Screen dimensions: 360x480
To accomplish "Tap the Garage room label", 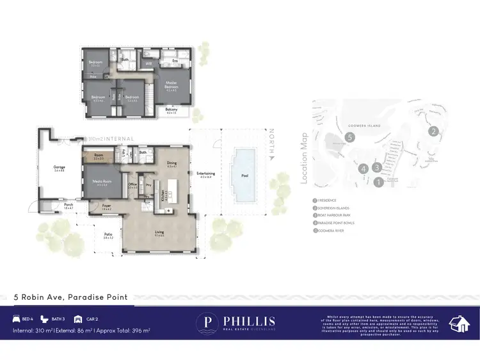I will tap(60, 168).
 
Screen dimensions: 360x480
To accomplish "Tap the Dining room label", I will tap(171, 164).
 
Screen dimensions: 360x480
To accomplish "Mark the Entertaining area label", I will tap(205, 174).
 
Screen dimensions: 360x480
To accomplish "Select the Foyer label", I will tap(106, 206).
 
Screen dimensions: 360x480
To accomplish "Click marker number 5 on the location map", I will tap(349, 137).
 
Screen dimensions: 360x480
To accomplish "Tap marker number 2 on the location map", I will tap(433, 132).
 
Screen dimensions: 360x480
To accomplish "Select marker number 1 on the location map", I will tap(378, 182).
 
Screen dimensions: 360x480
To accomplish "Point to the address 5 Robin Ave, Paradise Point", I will tap(71, 297).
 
